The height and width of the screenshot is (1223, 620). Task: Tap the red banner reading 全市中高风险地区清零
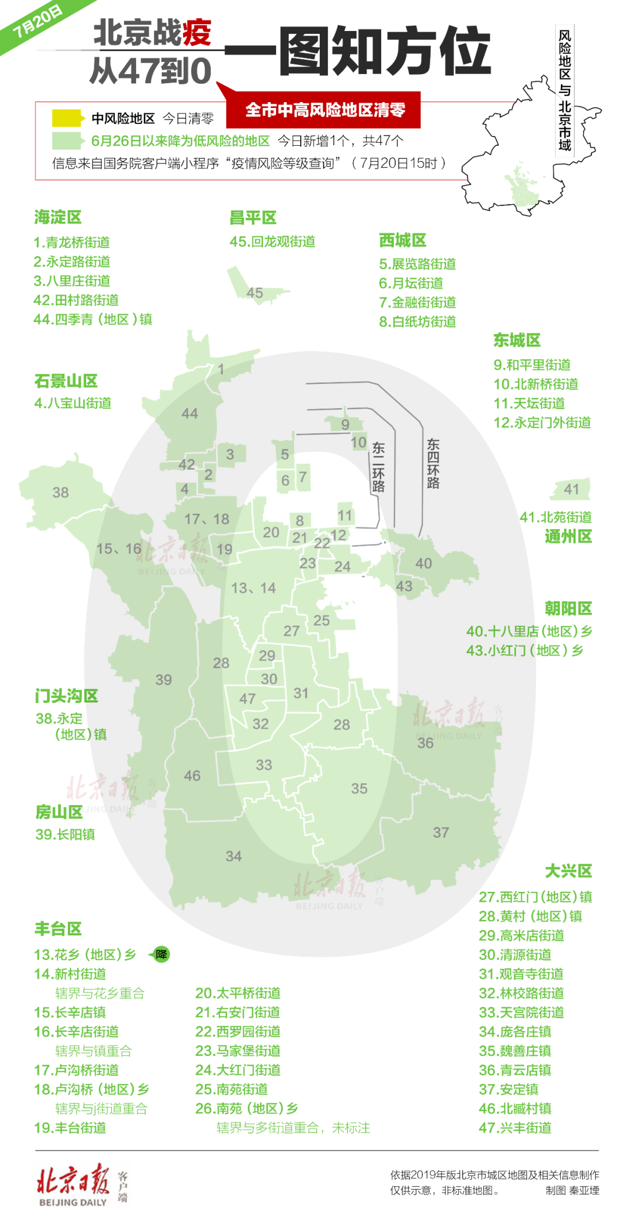point(325,110)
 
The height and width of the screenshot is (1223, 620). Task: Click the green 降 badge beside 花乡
point(161,954)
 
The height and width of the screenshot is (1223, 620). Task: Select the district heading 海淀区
point(58,217)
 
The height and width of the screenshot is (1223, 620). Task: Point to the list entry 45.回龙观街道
point(272,242)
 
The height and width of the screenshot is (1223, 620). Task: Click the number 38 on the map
point(60,492)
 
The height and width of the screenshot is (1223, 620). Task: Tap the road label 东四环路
point(433,463)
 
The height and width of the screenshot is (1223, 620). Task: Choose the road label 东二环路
point(378,467)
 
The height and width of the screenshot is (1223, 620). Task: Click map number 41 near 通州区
point(571,489)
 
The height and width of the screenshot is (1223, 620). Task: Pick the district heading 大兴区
point(568,871)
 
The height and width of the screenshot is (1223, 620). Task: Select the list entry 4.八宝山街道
point(73,403)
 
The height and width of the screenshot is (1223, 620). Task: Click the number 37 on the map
point(441,832)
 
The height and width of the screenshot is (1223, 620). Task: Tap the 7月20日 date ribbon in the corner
point(37,22)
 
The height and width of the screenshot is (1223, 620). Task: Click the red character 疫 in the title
point(197,32)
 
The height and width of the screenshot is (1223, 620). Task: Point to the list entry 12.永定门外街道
point(542,423)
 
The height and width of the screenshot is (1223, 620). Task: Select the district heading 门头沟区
point(67,696)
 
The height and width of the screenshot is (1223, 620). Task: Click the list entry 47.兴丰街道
point(515,1128)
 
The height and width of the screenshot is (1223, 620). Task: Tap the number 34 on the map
point(233,856)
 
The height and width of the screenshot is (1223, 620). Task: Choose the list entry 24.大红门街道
point(238,1070)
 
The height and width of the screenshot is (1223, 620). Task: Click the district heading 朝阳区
point(568,608)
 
